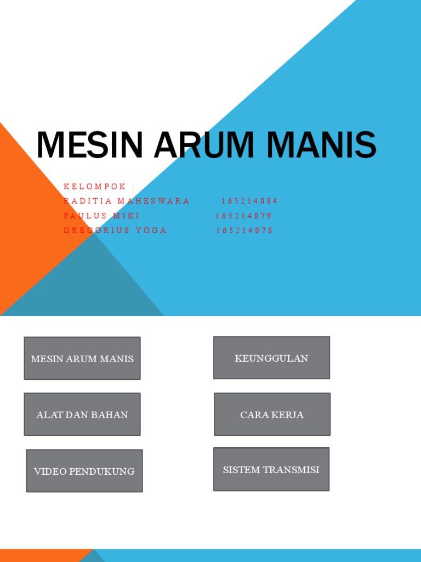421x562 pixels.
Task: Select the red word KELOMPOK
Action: click(95, 187)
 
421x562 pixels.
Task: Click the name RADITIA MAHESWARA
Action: click(127, 201)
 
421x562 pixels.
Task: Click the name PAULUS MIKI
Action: click(102, 216)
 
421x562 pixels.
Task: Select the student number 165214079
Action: click(243, 216)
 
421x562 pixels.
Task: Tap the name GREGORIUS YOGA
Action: click(115, 231)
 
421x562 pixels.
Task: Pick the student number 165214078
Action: click(244, 231)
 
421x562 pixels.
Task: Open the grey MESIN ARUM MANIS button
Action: click(82, 358)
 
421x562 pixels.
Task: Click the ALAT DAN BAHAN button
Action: click(82, 414)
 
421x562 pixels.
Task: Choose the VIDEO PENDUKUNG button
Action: click(84, 471)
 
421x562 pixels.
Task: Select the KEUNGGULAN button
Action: click(271, 358)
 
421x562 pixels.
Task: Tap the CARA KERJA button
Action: click(272, 414)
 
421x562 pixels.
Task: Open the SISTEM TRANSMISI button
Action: click(271, 469)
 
